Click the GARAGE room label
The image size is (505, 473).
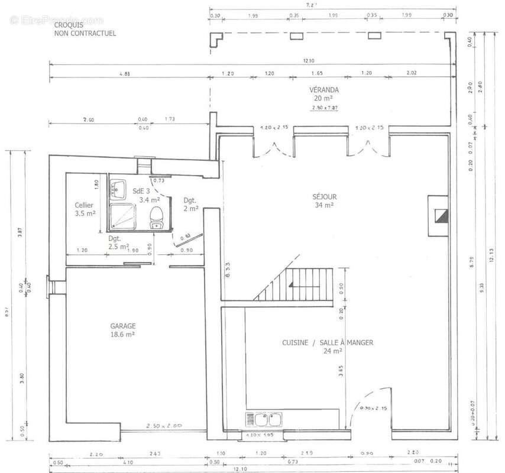(122, 326)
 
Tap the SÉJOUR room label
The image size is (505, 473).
(324, 196)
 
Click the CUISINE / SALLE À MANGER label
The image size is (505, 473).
(327, 342)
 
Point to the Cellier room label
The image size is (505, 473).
(83, 205)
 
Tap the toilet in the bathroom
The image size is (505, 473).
(157, 217)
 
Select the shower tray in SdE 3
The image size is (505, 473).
(123, 216)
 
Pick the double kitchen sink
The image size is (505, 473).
(263, 420)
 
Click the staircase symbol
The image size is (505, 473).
(300, 283)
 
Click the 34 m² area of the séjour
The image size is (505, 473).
(324, 205)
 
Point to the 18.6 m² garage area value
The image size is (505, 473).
(122, 334)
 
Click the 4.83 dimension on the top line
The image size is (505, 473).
(125, 74)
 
